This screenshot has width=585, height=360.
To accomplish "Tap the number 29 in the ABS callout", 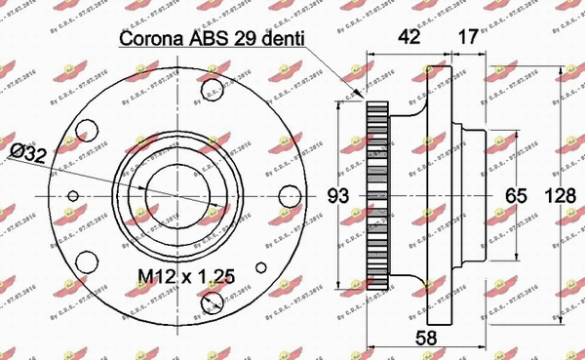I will tap(249, 40).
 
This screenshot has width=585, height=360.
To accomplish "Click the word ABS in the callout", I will tap(210, 40).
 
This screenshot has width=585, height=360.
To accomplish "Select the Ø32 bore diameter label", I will tap(26, 153).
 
